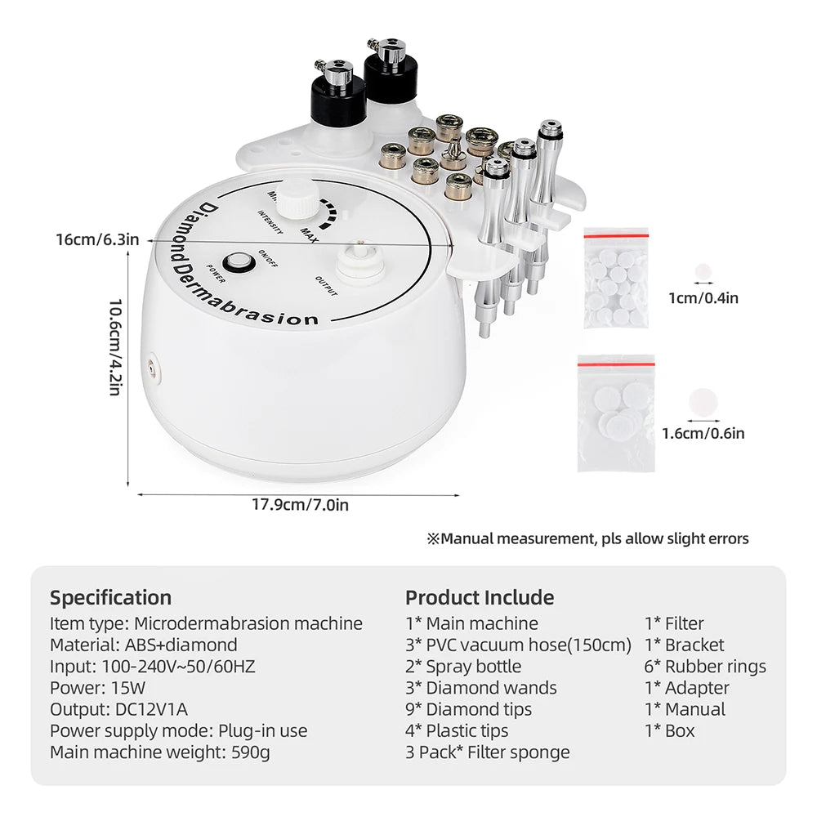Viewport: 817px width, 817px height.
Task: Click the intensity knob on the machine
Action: click(x=290, y=195)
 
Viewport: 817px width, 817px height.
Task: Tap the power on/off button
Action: click(x=239, y=262)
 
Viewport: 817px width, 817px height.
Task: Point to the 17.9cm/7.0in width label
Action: click(x=300, y=505)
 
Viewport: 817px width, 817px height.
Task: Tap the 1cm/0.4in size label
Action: click(x=703, y=297)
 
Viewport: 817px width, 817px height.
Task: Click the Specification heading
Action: click(x=110, y=597)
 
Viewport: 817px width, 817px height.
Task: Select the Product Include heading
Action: click(x=479, y=597)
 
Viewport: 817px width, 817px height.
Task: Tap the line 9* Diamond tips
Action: click(x=468, y=709)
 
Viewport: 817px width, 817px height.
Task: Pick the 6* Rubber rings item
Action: click(x=705, y=666)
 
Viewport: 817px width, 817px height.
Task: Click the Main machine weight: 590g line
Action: click(x=159, y=752)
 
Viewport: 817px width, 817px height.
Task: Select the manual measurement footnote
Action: click(x=587, y=538)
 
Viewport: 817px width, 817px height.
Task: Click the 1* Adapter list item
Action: click(x=686, y=687)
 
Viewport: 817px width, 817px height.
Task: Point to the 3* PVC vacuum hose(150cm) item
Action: click(x=518, y=645)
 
